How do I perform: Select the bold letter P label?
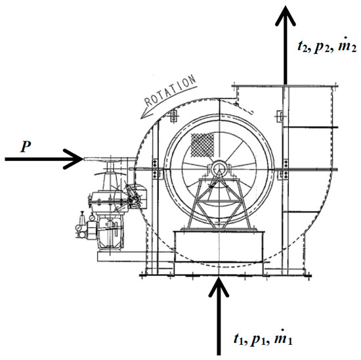click(x=24, y=145)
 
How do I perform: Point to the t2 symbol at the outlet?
click(x=301, y=48)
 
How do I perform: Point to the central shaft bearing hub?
click(x=217, y=171)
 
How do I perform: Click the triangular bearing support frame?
click(x=217, y=200)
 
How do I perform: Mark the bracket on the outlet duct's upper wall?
click(x=280, y=117)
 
